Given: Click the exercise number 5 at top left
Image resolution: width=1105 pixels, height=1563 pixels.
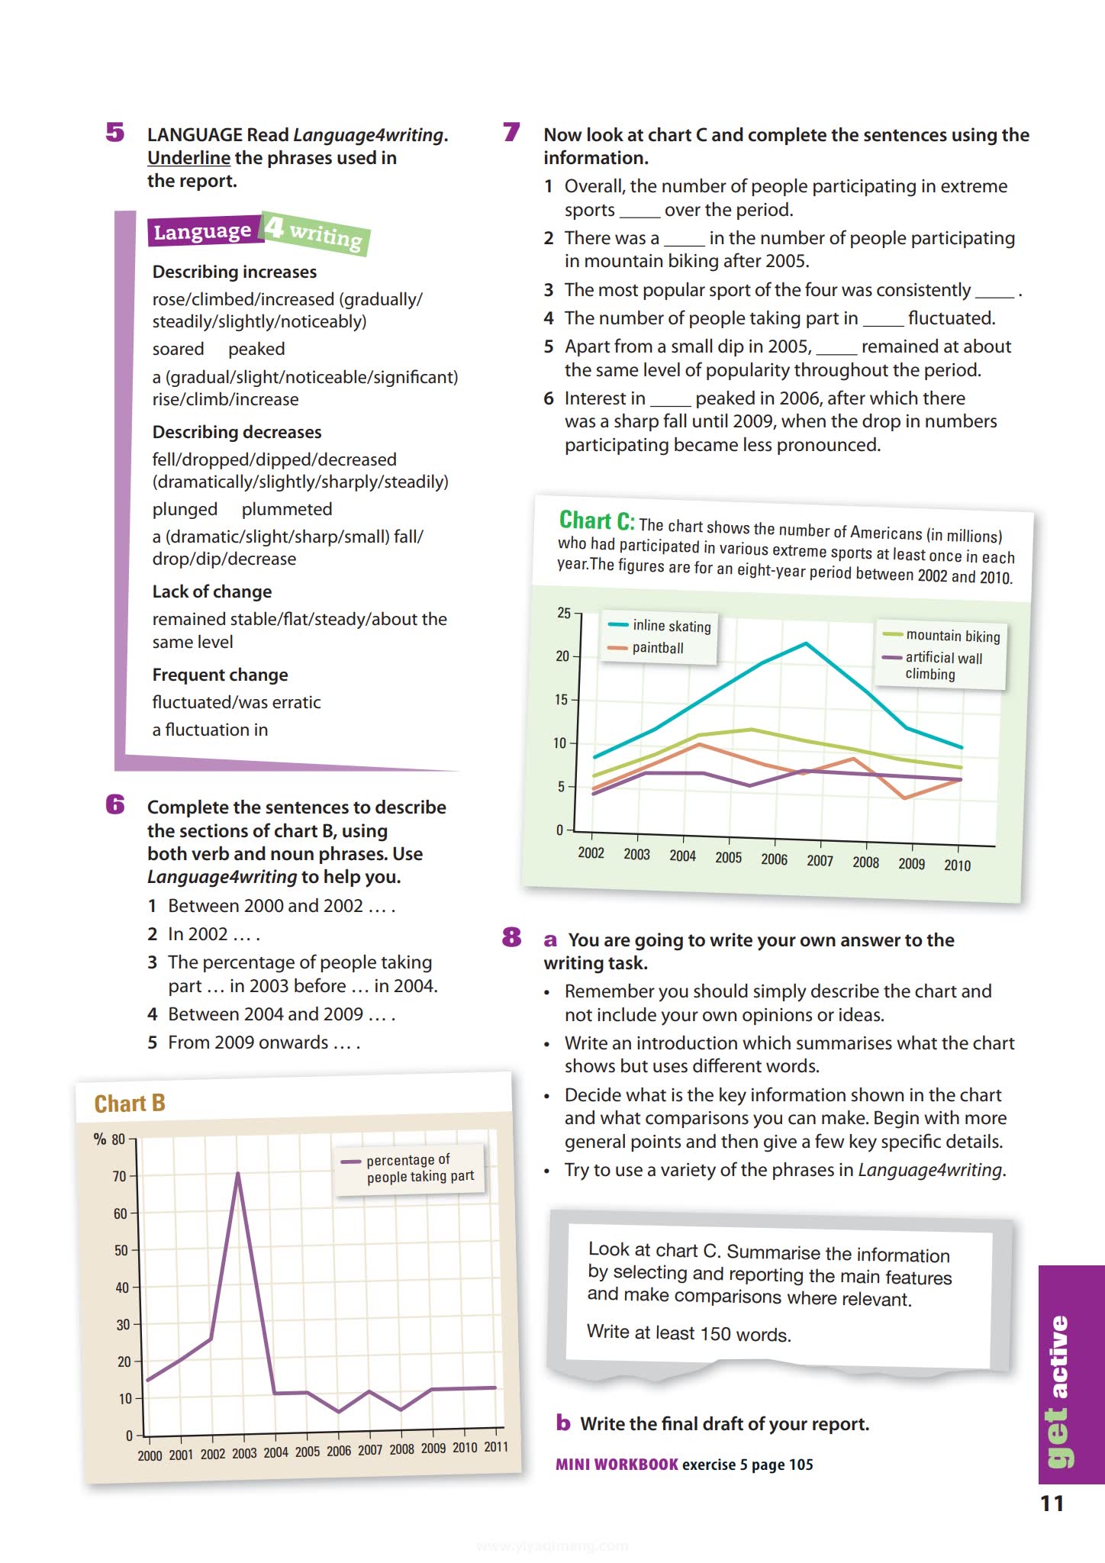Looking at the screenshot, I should click(x=115, y=133).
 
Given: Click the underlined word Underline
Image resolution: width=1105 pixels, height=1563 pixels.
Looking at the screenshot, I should click(x=188, y=158).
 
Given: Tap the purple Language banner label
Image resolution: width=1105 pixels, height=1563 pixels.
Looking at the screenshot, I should click(x=203, y=231).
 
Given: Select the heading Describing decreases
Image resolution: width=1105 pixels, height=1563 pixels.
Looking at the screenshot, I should click(x=237, y=432).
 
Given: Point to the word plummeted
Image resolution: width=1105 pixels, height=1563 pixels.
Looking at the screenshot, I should click(x=287, y=509).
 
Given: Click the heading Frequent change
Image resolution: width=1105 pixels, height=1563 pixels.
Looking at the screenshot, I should click(x=220, y=675).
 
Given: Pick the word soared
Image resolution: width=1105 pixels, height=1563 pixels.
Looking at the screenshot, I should click(x=178, y=349).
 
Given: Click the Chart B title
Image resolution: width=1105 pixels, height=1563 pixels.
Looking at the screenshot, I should click(x=130, y=1104).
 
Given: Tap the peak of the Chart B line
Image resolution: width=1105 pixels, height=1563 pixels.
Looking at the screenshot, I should click(x=238, y=1174).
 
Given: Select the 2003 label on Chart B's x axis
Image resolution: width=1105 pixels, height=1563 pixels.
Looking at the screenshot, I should click(x=244, y=1453).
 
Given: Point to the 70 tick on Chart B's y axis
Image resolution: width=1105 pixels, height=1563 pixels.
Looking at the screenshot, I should click(x=119, y=1176).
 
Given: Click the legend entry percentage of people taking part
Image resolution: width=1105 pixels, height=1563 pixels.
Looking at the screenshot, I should click(x=419, y=1168).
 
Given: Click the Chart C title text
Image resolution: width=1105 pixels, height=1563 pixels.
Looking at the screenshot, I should click(x=596, y=520).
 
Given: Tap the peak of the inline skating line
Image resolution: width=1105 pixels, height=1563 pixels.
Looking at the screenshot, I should click(x=806, y=644).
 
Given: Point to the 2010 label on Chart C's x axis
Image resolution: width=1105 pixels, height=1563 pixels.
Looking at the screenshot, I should click(x=957, y=865).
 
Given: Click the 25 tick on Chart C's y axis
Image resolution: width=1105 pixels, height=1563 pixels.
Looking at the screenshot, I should click(x=564, y=613).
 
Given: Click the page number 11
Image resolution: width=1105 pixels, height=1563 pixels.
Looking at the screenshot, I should click(x=1052, y=1503).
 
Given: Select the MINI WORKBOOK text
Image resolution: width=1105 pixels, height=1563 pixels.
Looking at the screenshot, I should click(x=617, y=1465).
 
